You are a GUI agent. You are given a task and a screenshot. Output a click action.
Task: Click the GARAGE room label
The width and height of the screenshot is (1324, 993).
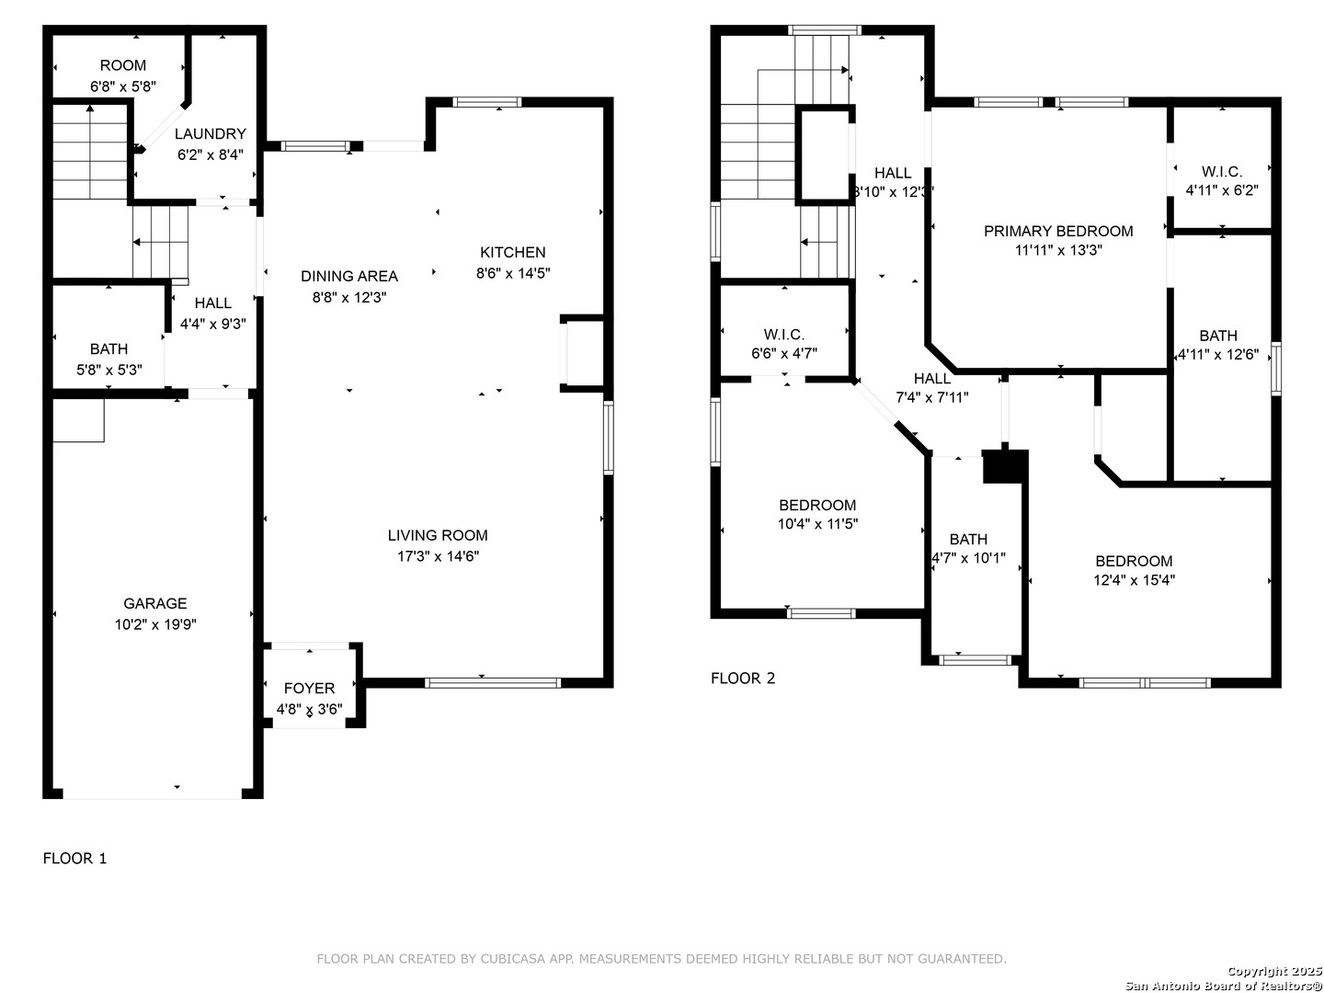pos(155,603)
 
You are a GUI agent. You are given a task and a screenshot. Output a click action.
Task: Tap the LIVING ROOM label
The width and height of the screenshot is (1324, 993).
pos(438,535)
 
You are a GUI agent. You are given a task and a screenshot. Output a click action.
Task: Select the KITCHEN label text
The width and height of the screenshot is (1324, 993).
pos(513,252)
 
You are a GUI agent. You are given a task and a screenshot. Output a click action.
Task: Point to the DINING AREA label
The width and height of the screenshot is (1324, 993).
pos(349,276)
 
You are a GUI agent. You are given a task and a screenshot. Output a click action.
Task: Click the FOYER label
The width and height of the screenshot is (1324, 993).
pos(310,688)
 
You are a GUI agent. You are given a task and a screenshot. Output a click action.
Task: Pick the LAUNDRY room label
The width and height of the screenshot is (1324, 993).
pos(211,133)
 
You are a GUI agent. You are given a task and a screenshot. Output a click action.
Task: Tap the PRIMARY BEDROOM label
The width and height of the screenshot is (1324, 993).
pos(1058,231)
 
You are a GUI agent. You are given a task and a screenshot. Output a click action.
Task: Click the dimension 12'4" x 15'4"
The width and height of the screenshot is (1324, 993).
pos(1134,580)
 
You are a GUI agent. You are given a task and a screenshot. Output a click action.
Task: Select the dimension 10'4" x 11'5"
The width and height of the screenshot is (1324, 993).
pos(817,524)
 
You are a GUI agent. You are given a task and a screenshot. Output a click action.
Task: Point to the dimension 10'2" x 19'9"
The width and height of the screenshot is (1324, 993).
pos(155,624)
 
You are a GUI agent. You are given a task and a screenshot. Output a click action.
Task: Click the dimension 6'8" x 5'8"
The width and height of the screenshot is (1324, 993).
pos(123,86)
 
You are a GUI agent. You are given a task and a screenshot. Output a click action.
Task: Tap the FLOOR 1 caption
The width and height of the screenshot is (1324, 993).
pos(74,858)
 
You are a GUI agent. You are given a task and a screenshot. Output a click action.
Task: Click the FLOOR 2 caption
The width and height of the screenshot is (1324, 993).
pos(743,679)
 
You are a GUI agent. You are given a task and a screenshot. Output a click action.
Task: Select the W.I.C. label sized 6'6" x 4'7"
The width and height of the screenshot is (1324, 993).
pos(784,334)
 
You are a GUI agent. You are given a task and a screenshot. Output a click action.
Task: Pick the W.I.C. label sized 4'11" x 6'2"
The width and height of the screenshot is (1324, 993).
pos(1222,171)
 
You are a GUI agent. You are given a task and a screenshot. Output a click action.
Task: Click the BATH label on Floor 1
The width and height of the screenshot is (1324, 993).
pos(108,348)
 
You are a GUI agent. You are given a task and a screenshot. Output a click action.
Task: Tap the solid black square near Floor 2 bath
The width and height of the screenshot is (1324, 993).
pos(1005,466)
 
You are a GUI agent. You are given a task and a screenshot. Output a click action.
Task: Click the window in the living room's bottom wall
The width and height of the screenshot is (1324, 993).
pos(493,683)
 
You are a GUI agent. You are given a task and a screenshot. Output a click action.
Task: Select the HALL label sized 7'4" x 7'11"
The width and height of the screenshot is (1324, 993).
pos(932,378)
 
